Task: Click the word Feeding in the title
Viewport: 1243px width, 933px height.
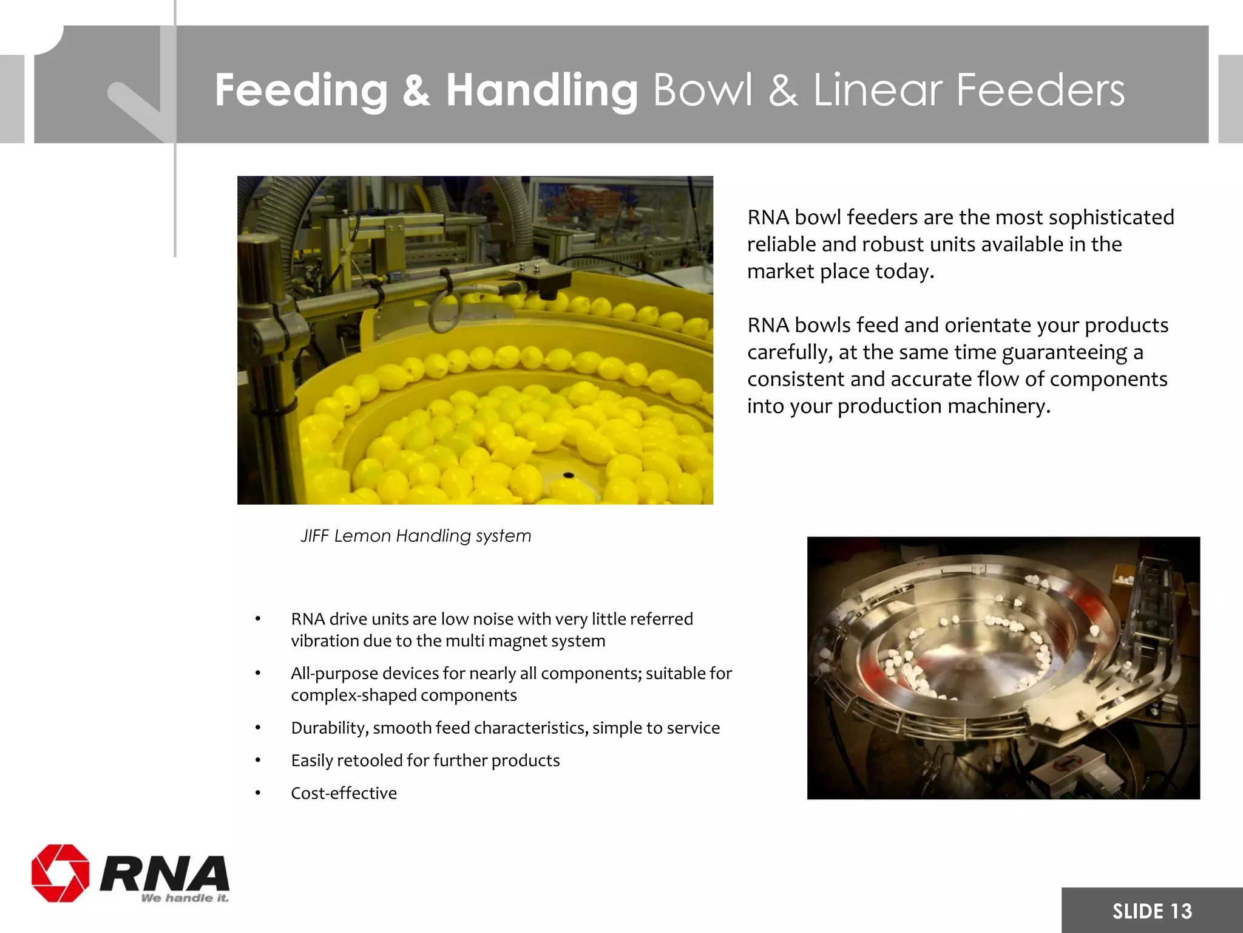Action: point(300,90)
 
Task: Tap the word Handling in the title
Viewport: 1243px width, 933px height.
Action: point(541,90)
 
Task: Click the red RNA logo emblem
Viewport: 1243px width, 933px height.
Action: point(60,873)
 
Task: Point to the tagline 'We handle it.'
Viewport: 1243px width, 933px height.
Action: point(185,898)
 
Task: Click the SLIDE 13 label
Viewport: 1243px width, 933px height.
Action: point(1151,911)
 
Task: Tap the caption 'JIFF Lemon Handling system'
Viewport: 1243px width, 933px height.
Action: point(416,536)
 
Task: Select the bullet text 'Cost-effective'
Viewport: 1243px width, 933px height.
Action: point(344,793)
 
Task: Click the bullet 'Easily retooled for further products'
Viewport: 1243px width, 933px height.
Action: point(425,760)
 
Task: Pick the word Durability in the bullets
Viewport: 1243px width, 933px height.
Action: point(328,728)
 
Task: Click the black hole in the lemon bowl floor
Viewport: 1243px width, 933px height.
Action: point(568,474)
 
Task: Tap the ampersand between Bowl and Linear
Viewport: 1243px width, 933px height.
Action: point(782,90)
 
